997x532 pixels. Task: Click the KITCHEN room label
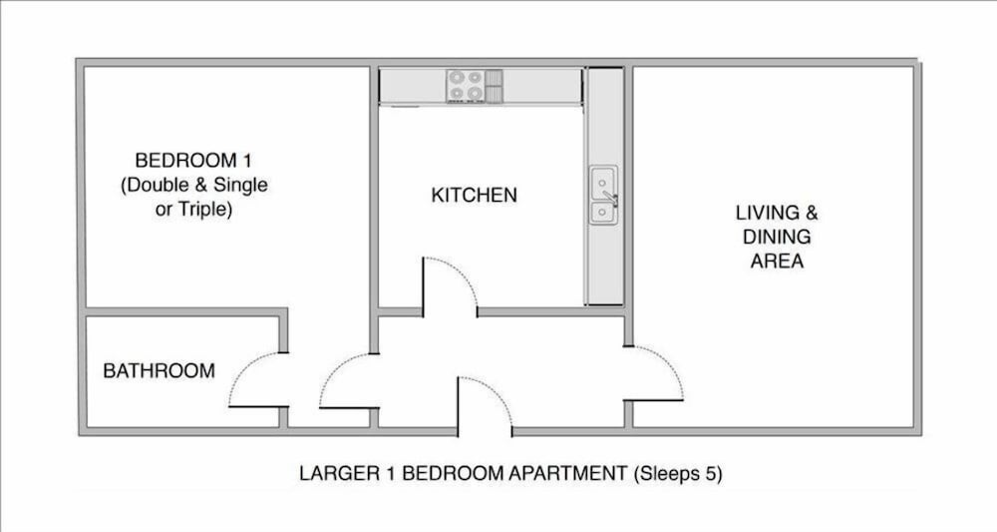(475, 195)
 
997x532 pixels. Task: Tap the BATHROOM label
(159, 371)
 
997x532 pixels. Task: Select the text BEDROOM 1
(193, 160)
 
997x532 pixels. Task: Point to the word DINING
(777, 237)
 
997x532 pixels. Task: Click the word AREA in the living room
(777, 261)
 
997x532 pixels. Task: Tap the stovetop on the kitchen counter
(475, 86)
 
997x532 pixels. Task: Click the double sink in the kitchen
(603, 196)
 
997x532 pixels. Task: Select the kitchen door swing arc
(459, 273)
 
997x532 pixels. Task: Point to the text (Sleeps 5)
(678, 474)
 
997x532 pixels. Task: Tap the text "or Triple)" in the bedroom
(194, 210)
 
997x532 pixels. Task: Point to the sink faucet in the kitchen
(611, 199)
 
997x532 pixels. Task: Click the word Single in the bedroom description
(240, 186)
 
